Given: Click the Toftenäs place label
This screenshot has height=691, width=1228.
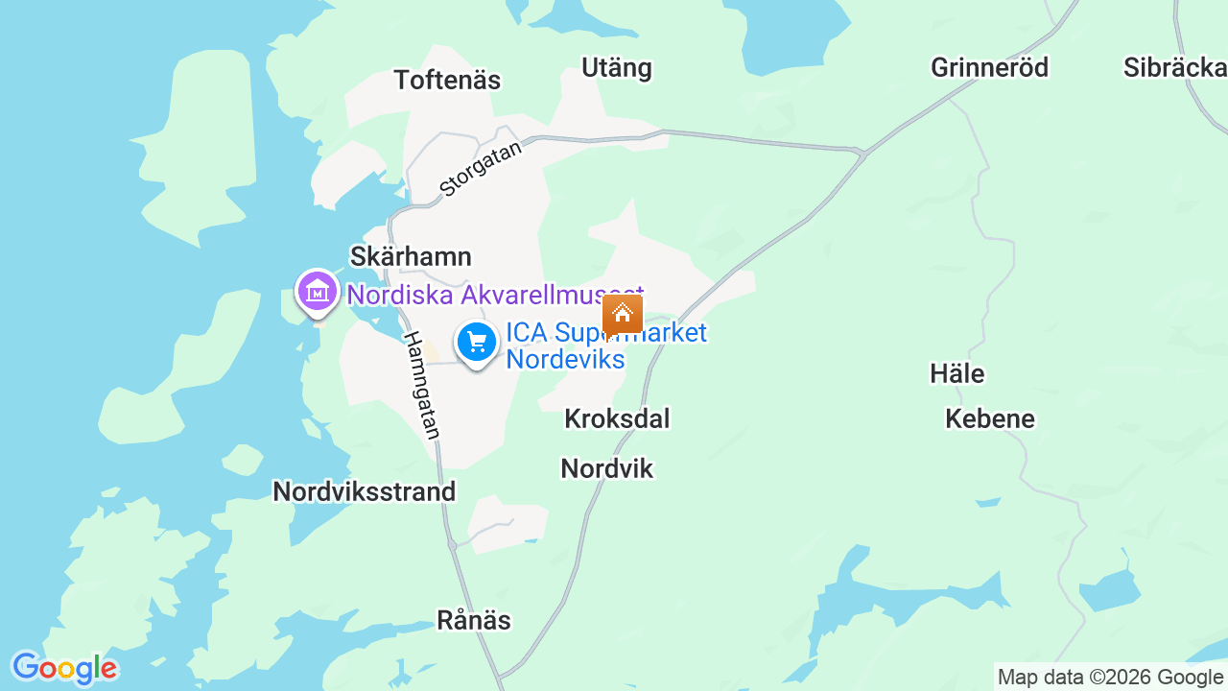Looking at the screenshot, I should [447, 81].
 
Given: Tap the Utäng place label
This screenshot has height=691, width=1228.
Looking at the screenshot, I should [617, 68].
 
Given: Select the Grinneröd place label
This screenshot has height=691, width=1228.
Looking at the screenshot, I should [989, 67].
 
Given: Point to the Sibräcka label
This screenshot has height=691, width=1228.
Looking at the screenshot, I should [1175, 67].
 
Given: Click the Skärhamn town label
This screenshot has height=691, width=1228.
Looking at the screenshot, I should [411, 257].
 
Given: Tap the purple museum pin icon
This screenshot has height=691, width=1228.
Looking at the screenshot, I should [318, 291].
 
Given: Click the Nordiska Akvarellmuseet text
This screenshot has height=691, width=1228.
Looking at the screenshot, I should [494, 295].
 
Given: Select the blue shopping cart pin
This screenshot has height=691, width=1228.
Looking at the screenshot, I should [477, 343].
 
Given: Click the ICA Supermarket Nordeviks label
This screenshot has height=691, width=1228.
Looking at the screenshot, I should [605, 345].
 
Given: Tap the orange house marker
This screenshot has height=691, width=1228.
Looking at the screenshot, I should [623, 315].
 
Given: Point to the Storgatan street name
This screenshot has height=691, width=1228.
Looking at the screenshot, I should [482, 169].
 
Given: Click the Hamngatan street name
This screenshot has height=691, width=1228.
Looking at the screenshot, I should [422, 386].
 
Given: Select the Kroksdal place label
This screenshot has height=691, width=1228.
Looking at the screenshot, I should [617, 418].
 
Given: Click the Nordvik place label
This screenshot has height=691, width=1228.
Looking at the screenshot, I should [606, 468].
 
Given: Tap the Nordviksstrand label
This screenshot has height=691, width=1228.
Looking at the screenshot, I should [364, 491].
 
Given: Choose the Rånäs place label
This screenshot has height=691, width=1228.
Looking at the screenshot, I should [474, 620].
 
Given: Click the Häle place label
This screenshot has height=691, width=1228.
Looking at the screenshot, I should [957, 373].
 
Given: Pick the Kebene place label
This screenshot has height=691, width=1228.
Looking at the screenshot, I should [990, 418].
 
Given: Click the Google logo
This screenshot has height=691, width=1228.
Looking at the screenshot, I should [64, 668].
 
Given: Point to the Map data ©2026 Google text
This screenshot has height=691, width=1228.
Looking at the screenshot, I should [1110, 678].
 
